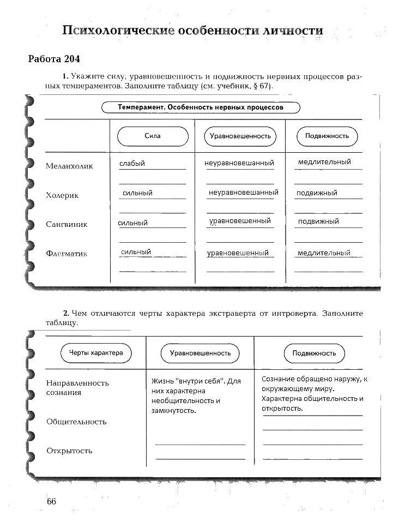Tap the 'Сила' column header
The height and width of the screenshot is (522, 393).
click(x=153, y=136)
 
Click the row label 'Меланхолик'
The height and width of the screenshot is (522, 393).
click(x=69, y=166)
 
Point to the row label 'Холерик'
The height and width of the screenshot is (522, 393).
click(x=62, y=195)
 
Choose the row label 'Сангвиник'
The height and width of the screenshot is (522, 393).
click(x=66, y=224)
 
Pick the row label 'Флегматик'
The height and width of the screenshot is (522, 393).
click(x=66, y=254)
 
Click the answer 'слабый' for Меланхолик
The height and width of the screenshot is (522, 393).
click(x=132, y=163)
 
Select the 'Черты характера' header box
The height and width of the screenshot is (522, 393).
click(x=96, y=353)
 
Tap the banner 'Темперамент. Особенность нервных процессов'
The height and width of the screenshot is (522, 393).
click(x=201, y=107)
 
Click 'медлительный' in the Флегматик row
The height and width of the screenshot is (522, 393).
click(x=324, y=253)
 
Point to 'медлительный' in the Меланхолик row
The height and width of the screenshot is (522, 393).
click(x=324, y=162)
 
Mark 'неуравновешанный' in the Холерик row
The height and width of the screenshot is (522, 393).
click(x=243, y=193)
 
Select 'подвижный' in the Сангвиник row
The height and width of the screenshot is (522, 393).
click(x=318, y=221)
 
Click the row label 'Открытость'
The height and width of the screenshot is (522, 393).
click(x=69, y=451)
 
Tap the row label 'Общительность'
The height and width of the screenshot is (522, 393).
click(x=76, y=422)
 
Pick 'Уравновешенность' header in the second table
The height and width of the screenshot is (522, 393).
click(x=200, y=353)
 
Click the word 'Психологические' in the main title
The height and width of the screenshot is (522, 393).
click(x=117, y=31)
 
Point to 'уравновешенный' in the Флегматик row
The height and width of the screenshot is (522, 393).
click(x=238, y=253)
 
